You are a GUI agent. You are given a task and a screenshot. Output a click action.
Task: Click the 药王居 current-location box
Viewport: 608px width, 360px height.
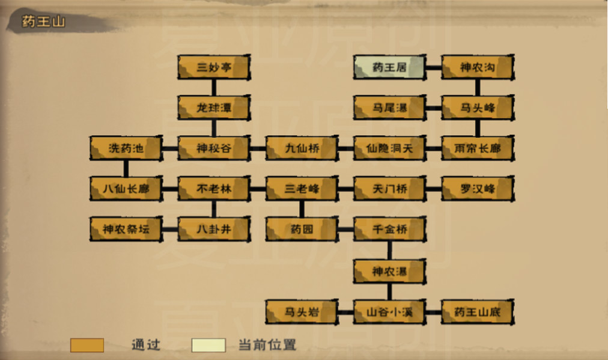coord(390,67)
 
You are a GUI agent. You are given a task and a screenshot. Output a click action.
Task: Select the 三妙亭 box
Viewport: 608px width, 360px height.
coord(214,67)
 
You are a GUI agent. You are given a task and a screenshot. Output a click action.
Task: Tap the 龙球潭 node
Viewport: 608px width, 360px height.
coord(214,108)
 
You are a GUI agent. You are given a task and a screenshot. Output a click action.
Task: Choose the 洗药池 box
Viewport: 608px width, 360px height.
coord(126,148)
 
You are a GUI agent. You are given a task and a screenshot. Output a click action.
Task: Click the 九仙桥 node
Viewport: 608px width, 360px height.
coord(302,148)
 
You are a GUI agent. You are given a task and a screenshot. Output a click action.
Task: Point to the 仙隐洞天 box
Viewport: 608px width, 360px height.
coord(390,148)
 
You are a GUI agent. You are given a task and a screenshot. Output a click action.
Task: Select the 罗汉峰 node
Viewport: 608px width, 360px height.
coord(478,189)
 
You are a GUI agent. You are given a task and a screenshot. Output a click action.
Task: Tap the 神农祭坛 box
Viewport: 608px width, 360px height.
coord(126,229)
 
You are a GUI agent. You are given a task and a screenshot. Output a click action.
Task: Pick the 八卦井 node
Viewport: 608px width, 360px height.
coord(214,229)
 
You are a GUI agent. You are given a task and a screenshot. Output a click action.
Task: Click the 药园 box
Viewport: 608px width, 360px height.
coord(302,229)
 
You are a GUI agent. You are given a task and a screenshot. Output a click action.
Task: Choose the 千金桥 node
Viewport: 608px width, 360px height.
coord(390,229)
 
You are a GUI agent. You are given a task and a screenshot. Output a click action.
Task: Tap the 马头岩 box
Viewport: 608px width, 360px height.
coord(302,311)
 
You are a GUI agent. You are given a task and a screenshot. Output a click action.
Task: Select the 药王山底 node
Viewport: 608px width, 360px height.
coord(478,311)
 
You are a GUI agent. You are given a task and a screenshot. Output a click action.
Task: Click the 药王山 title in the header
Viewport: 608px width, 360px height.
coord(43,22)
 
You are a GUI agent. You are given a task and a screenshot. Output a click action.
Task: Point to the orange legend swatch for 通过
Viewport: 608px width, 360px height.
coord(87,345)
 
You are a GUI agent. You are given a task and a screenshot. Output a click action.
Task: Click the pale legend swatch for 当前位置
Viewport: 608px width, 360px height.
coord(208,345)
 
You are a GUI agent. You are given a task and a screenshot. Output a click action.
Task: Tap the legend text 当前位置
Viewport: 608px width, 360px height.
coord(267,344)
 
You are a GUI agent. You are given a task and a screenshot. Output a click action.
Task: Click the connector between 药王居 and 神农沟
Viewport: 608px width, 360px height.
coord(434,67)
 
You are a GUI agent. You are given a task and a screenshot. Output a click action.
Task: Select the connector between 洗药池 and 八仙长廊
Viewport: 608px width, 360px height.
coord(126,168)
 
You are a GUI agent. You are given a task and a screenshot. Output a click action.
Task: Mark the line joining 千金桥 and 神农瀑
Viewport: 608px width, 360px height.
coord(390,250)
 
